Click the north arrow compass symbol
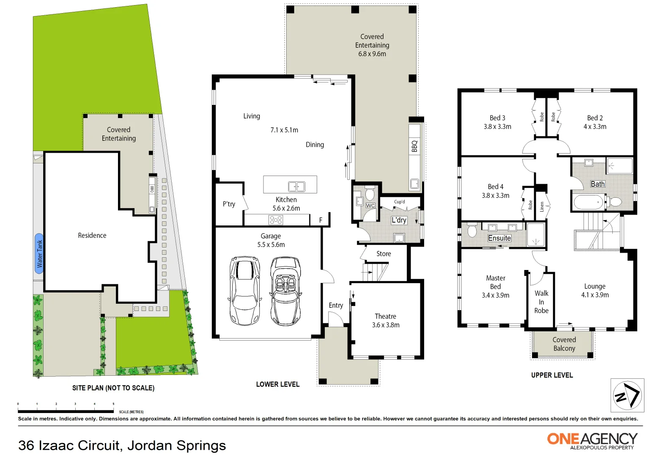click(x=627, y=395)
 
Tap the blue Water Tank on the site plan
click(x=39, y=253)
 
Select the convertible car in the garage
click(x=286, y=291)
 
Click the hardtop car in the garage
click(x=245, y=290)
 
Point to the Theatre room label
click(x=385, y=317)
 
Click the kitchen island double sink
click(x=296, y=186)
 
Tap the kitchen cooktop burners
click(x=276, y=220)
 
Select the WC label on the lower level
click(x=370, y=206)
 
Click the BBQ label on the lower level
click(x=414, y=146)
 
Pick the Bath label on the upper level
click(x=597, y=184)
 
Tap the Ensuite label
click(x=499, y=238)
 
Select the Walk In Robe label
click(x=541, y=302)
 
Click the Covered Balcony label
click(x=564, y=344)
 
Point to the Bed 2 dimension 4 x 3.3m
click(x=595, y=127)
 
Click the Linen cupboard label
click(x=542, y=206)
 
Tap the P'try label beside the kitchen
click(x=229, y=204)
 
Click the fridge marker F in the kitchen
click(x=321, y=220)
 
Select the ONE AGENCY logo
click(x=592, y=440)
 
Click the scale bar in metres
click(x=66, y=411)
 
